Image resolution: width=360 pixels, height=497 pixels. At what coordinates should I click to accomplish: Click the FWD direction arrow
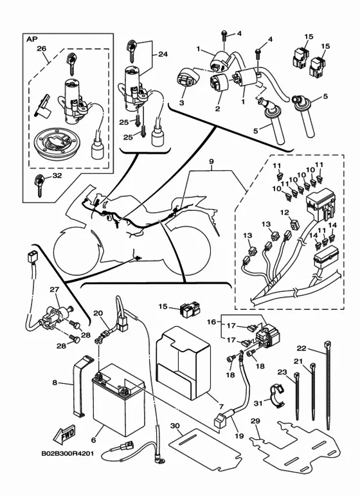(64, 434)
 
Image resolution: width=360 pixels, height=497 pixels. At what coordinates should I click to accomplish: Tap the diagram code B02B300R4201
(67, 453)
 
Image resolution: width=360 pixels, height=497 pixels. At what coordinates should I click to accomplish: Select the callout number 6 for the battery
(93, 440)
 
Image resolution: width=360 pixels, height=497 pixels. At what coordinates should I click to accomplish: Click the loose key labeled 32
(40, 185)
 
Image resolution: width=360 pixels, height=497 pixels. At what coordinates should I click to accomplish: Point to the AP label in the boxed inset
(32, 39)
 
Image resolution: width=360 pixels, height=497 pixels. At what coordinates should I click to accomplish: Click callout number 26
(42, 48)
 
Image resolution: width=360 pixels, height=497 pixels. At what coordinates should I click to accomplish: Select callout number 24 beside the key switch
(163, 54)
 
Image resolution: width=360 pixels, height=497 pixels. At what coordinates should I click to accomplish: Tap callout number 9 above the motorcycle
(212, 161)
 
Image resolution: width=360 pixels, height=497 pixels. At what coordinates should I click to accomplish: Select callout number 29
(255, 421)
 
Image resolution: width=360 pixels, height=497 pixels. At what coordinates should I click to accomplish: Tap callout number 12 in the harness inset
(285, 212)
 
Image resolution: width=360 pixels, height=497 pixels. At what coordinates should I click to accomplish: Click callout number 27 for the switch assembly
(55, 289)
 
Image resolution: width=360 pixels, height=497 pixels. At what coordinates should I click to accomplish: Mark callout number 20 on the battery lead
(98, 314)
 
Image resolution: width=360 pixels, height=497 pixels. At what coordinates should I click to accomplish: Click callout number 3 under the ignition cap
(181, 103)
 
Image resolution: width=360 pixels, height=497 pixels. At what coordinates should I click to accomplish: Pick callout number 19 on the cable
(239, 436)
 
